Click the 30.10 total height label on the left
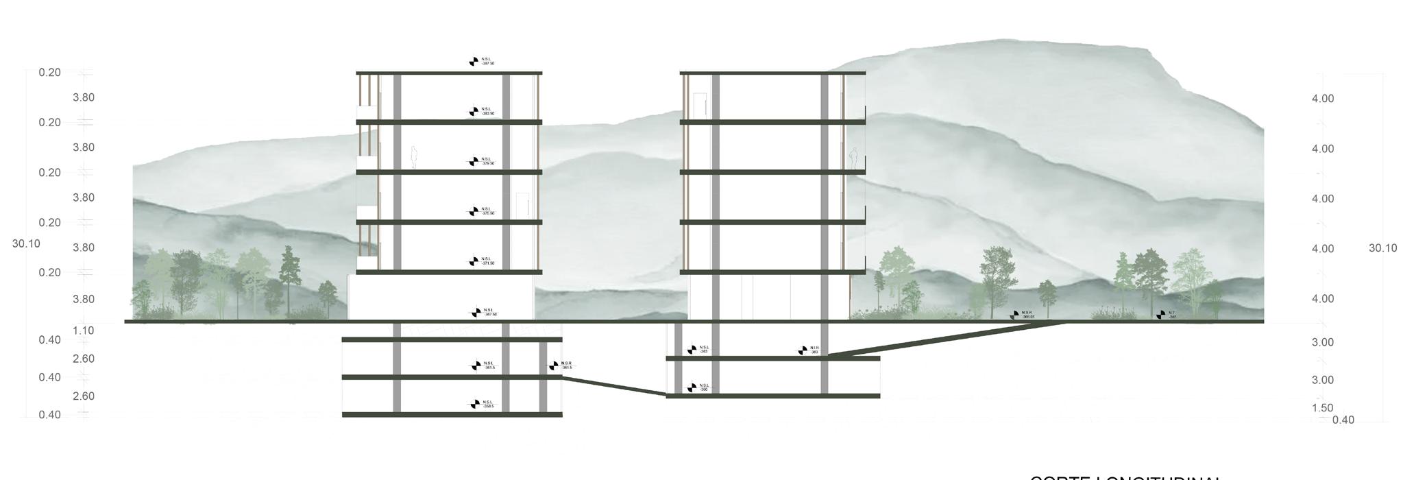coord(26,243)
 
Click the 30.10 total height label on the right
coord(1382,248)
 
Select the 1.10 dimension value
coord(84,331)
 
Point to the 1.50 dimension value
coord(1322,408)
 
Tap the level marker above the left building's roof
coord(474,62)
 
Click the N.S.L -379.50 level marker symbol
coord(474,162)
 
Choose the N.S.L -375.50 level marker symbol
coord(474,211)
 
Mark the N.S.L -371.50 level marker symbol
coord(474,261)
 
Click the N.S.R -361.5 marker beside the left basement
coord(553,365)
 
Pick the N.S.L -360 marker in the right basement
coord(692,387)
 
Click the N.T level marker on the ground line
coord(1160,315)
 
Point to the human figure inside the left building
coord(414,157)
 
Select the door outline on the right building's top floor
coord(700,106)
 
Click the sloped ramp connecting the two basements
coord(613,385)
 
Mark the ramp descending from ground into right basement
coord(946,339)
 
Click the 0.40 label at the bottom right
coord(1343,420)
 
